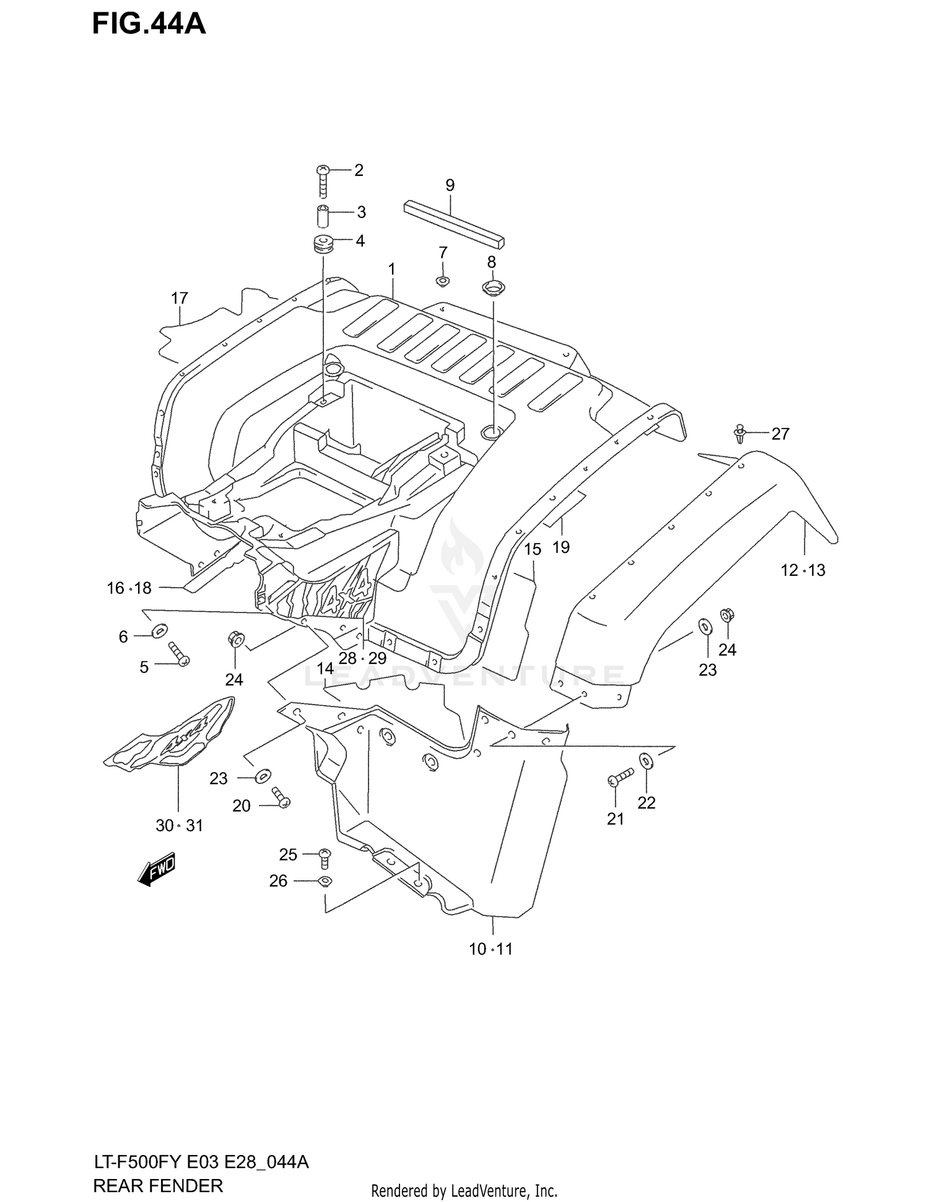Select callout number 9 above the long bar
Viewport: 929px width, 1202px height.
tap(450, 185)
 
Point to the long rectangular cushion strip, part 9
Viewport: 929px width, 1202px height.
tap(454, 223)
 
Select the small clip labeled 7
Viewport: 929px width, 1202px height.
tap(442, 282)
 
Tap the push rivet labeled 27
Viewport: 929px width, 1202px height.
tap(739, 433)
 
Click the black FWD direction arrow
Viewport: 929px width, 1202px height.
tap(157, 869)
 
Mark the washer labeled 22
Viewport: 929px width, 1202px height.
tap(646, 759)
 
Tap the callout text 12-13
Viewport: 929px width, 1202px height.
tap(803, 570)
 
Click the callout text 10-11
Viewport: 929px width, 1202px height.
tap(491, 949)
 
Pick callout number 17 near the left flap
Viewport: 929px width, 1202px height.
tap(179, 298)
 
